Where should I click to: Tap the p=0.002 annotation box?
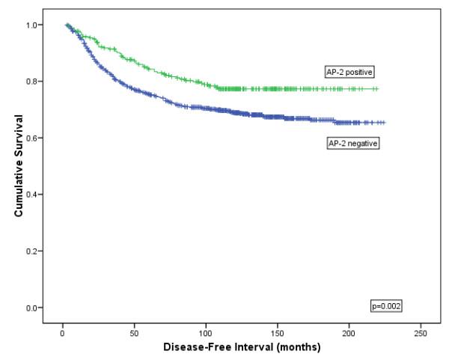387,305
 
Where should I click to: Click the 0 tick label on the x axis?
62,332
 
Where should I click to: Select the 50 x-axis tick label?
134,332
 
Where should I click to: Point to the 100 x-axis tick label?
206,332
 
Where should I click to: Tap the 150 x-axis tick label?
278,332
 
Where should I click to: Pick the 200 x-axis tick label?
349,332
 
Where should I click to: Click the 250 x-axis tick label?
421,332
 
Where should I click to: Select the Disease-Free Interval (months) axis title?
242,348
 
